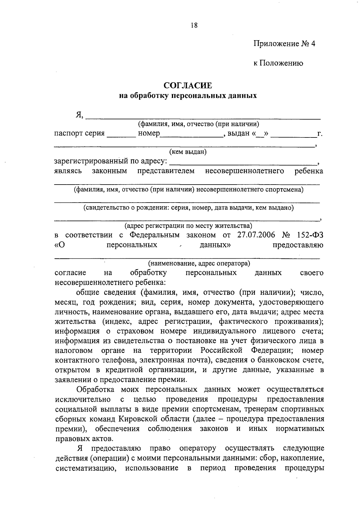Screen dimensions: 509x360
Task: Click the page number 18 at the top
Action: [x=194, y=25]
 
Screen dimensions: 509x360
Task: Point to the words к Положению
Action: [x=278, y=63]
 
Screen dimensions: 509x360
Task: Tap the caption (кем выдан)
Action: [x=188, y=152]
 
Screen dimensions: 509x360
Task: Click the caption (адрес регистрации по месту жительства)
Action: [x=188, y=225]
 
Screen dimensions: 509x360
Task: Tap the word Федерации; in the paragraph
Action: [x=272, y=351]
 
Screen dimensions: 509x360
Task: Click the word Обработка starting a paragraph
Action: [x=95, y=390]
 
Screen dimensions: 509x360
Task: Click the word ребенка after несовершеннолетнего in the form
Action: [x=309, y=171]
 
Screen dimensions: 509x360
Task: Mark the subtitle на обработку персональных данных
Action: [x=188, y=96]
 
